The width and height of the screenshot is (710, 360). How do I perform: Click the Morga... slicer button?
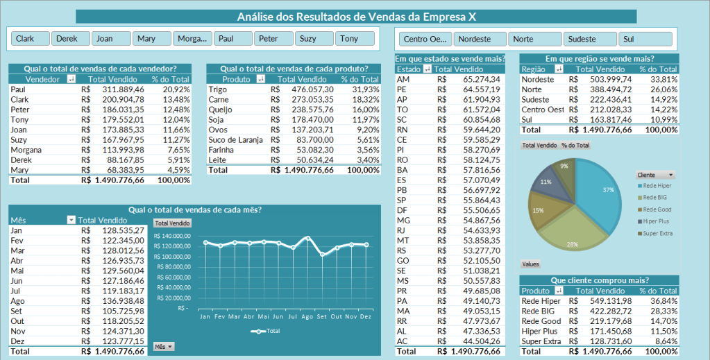pyautogui.click(x=192, y=39)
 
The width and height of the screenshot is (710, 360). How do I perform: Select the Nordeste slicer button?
pyautogui.click(x=480, y=40)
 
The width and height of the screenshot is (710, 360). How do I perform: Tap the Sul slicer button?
pyautogui.click(x=646, y=40)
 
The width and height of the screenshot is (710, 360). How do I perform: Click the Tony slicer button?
pyautogui.click(x=357, y=39)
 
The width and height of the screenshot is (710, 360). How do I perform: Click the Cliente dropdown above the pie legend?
pyautogui.click(x=655, y=175)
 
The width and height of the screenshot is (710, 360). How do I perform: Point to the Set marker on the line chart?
pyautogui.click(x=322, y=255)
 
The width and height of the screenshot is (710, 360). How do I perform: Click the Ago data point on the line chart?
pyautogui.click(x=307, y=238)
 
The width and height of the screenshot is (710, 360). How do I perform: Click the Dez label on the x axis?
pyautogui.click(x=366, y=316)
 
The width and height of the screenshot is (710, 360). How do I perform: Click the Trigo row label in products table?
pyautogui.click(x=219, y=89)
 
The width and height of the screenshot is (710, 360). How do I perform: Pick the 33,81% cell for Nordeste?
pyautogui.click(x=663, y=79)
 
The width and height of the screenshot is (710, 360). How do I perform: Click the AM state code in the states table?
pyautogui.click(x=403, y=79)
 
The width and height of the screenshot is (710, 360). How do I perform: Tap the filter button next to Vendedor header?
pyautogui.click(x=71, y=79)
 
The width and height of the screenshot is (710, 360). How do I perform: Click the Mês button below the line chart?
pyautogui.click(x=164, y=346)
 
